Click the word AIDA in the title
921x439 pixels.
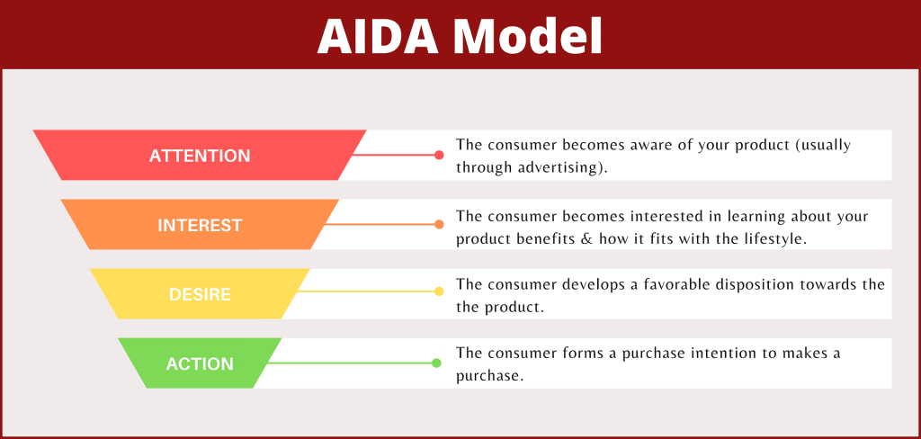tap(376, 36)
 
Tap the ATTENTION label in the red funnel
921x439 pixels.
tap(200, 156)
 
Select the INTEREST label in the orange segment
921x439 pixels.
tap(200, 225)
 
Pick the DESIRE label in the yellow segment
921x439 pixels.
tap(200, 294)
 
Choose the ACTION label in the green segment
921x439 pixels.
tap(200, 364)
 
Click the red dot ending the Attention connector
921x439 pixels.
tap(439, 155)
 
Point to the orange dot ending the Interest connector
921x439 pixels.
tap(439, 224)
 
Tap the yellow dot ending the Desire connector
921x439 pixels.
tap(439, 291)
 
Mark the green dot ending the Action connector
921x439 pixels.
tap(436, 363)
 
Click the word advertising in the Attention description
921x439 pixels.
tap(563, 168)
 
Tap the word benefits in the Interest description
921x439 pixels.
tap(577, 238)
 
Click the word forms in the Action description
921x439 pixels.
tap(595, 354)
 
